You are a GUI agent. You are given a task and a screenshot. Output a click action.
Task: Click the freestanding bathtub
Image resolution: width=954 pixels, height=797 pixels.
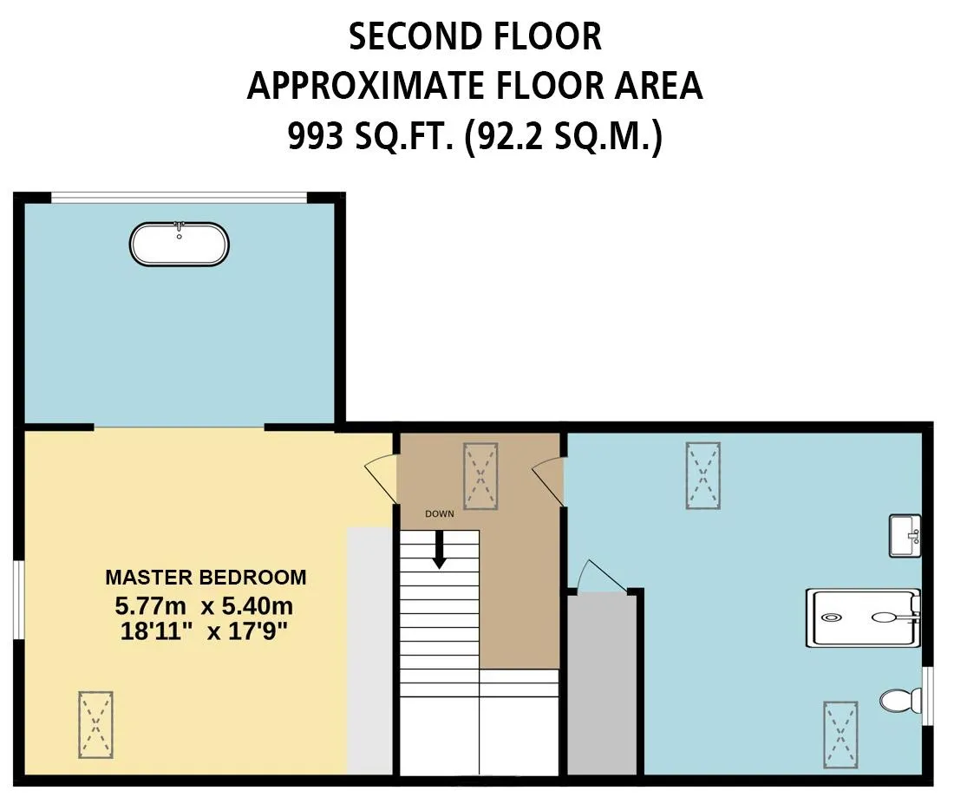pos(179,244)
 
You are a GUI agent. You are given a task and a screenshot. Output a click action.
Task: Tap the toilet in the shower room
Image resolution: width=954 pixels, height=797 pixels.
pos(900,700)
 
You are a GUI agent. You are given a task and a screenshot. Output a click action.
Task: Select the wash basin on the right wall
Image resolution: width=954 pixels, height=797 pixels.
pos(905,535)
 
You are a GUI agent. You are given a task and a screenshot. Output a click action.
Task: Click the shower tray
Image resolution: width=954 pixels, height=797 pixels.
pos(863,617)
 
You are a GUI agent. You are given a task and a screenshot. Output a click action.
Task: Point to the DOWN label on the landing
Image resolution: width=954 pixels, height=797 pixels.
pos(440,514)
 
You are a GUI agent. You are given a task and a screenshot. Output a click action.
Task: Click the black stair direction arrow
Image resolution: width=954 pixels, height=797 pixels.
pos(440,550)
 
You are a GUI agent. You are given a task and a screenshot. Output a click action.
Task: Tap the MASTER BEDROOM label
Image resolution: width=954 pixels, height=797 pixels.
pos(206,578)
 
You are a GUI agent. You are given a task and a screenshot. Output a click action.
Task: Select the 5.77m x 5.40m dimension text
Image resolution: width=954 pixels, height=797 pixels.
pos(204,606)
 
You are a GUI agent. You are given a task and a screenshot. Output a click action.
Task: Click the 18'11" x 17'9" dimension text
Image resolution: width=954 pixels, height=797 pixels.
pos(204,631)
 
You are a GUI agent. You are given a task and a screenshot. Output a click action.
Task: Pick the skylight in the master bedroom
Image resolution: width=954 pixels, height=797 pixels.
pos(95,725)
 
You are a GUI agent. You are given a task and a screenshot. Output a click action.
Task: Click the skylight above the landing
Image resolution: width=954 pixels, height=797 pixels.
pos(480,476)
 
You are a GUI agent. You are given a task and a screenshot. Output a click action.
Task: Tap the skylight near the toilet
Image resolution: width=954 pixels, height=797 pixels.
pos(841,735)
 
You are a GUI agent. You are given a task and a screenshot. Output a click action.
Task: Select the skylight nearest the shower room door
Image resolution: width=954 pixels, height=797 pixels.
pos(703,476)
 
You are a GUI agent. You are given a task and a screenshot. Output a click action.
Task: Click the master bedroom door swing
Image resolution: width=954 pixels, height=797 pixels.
pos(381,479)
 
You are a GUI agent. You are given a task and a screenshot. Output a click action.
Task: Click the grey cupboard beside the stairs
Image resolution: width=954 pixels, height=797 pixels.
pos(603,685)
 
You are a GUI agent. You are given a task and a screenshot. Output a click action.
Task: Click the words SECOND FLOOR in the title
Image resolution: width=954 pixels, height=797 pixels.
pos(475,36)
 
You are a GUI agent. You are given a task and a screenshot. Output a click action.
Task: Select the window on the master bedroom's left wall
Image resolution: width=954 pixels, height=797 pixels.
pos(19,600)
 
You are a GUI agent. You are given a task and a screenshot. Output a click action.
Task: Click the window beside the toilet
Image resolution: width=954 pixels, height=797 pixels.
pos(928,696)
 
